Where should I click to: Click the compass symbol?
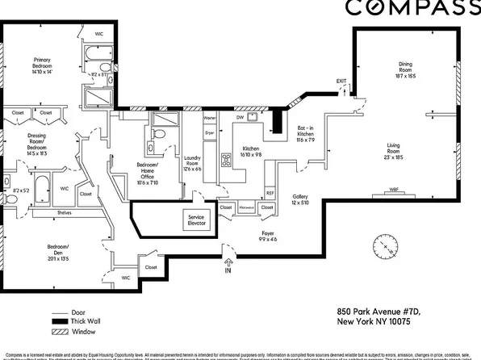383,245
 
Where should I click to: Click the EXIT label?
341,81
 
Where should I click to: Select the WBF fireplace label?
394,190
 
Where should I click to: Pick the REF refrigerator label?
270,194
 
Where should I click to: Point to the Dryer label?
209,131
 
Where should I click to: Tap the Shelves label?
65,213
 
